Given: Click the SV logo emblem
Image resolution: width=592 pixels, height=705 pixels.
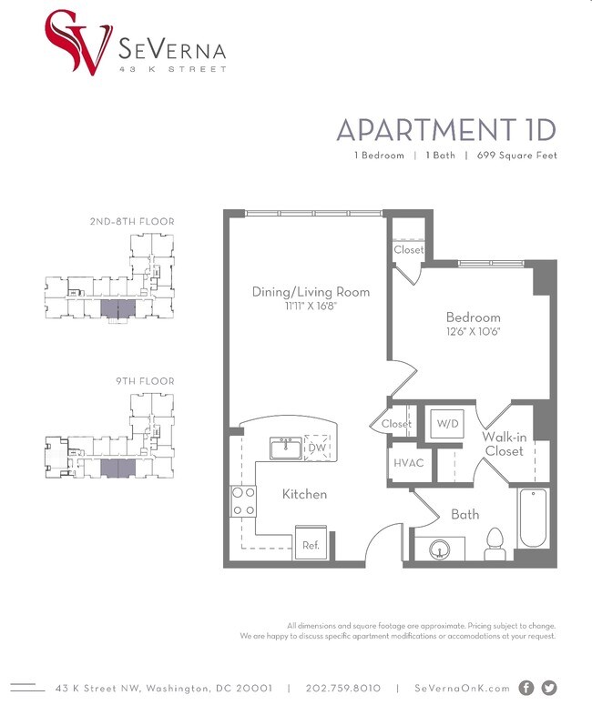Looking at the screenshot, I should point(77,41).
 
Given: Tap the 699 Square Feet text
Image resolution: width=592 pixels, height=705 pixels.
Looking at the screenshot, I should point(516,156).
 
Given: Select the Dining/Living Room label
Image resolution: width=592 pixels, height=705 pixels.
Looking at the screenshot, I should point(311,292).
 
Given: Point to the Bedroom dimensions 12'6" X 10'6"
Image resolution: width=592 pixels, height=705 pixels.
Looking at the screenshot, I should point(473,332).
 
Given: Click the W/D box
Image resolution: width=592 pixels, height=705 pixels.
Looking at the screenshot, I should point(446,424).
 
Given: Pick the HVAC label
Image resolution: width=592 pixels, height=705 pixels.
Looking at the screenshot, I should point(409,462).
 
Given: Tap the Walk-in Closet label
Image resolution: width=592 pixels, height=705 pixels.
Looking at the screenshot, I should point(504,444).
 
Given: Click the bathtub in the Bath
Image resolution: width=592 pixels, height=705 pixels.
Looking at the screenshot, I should point(533,518).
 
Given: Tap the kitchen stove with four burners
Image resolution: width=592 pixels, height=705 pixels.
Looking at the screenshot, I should point(243,501).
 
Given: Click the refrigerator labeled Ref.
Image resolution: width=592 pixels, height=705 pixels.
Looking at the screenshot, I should point(310,545).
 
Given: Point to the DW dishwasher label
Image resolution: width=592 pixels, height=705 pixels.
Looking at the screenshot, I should point(317,448).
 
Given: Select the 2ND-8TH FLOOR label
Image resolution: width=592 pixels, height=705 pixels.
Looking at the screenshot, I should point(132,221).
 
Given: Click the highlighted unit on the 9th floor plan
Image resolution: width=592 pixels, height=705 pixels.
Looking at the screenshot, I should point(115,468).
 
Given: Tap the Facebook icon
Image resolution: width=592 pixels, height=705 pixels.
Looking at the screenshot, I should point(526,688).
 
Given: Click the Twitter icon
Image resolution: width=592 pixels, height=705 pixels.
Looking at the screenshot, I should point(548,688).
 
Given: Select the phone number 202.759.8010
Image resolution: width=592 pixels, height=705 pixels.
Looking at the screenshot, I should point(343,689).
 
